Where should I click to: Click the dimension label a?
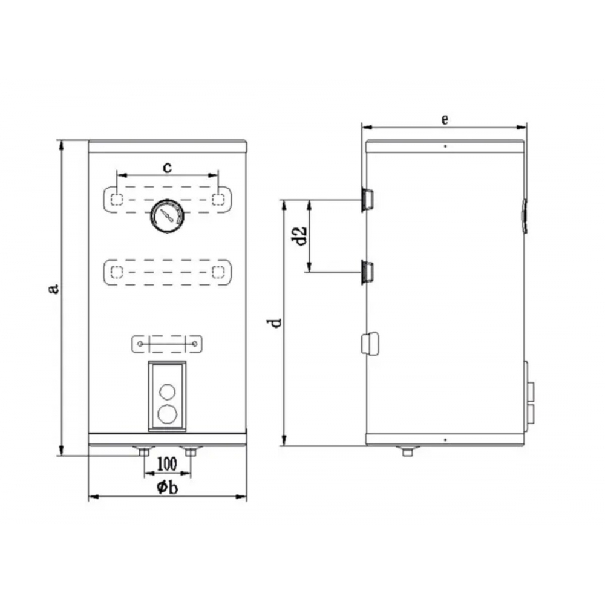point(55,289)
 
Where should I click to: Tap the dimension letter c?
point(167,168)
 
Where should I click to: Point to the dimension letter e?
point(445,120)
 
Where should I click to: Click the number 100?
point(168,463)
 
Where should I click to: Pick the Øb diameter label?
point(168,487)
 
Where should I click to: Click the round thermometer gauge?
point(167,216)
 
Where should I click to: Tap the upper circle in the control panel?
point(167,391)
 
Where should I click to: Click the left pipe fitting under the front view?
point(144,451)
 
